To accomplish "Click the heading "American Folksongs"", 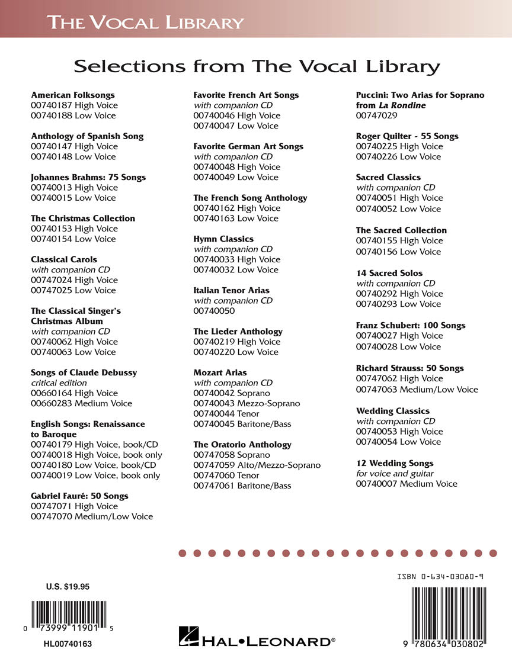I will click(73, 95).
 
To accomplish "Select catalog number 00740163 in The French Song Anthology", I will click(214, 218).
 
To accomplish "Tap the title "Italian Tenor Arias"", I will click(231, 290).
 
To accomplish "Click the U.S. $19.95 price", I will click(68, 587).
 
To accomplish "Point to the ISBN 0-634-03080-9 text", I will click(440, 576).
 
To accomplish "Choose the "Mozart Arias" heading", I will click(220, 372).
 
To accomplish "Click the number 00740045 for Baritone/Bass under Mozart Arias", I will click(214, 424).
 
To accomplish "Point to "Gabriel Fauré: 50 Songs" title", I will click(79, 496).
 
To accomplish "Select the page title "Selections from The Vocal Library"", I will click(257, 66).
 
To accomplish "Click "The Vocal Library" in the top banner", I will click(146, 23).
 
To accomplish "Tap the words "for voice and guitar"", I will click(395, 473).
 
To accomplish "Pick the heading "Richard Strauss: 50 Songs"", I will click(409, 368).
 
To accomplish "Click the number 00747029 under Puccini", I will click(376, 115).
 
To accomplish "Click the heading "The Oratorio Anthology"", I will click(242, 444).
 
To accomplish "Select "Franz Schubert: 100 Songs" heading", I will click(411, 325).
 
